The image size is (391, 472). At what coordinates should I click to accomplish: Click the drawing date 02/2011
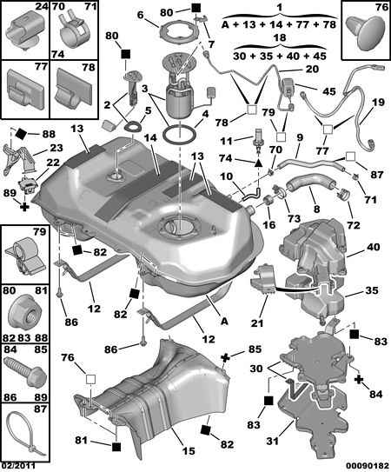(x=18, y=466)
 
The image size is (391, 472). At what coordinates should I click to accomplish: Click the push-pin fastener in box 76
(x=364, y=33)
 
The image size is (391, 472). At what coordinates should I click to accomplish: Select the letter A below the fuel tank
(x=224, y=321)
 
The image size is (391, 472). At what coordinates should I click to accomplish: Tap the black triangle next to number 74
(x=258, y=163)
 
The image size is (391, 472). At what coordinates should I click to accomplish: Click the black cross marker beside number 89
(x=24, y=207)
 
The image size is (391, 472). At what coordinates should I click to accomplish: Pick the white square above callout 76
(x=90, y=379)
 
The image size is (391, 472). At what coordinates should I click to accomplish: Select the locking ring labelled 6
(x=176, y=31)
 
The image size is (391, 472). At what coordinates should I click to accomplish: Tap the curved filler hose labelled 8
(x=310, y=183)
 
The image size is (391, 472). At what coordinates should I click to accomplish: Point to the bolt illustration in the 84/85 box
(x=26, y=373)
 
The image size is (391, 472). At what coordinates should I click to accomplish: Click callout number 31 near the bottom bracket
(x=273, y=441)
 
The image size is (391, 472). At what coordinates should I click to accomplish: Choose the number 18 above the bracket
(x=280, y=38)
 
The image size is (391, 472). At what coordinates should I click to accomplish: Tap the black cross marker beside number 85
(x=226, y=357)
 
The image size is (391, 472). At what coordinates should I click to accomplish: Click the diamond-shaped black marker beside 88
(x=22, y=134)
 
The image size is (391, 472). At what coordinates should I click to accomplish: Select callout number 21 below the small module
(x=257, y=323)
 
